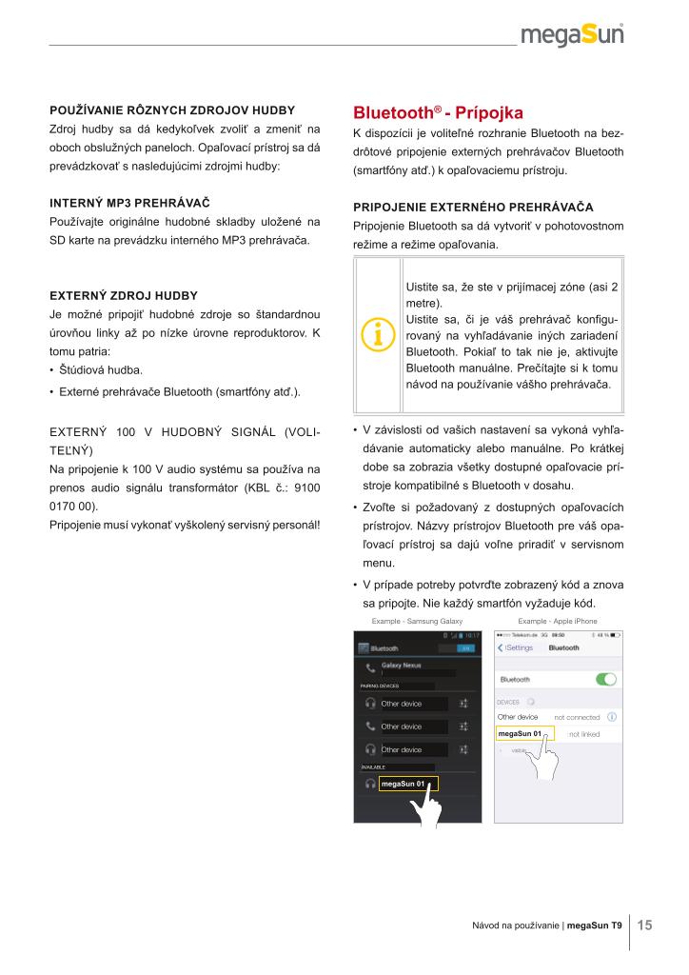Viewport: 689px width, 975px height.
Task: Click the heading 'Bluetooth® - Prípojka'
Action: point(438,111)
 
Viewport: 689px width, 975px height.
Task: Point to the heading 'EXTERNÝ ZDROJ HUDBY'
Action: point(123,296)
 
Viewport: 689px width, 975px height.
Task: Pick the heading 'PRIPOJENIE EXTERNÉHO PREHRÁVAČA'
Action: point(473,207)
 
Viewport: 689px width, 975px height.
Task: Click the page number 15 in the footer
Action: point(644,924)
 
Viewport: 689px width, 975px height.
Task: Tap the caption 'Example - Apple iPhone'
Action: point(560,620)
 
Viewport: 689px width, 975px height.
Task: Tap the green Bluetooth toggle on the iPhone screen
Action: point(605,679)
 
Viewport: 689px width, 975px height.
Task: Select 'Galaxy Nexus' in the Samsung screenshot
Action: point(402,665)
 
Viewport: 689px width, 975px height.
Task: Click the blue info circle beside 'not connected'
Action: point(612,716)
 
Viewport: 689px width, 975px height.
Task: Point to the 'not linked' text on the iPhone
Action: point(583,734)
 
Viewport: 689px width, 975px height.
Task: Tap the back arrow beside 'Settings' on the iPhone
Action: point(502,647)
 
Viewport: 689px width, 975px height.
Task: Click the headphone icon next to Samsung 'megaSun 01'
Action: point(369,784)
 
